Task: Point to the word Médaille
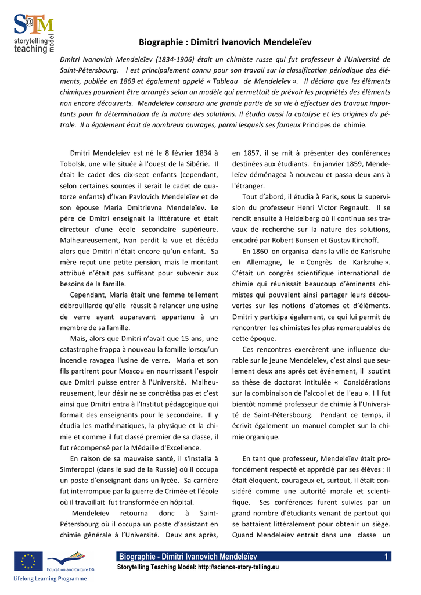pyautogui.click(x=140, y=447)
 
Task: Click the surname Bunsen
pyautogui.click(x=321, y=240)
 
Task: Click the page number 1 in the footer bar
pyautogui.click(x=386, y=557)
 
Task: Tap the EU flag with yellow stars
pyautogui.click(x=28, y=562)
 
